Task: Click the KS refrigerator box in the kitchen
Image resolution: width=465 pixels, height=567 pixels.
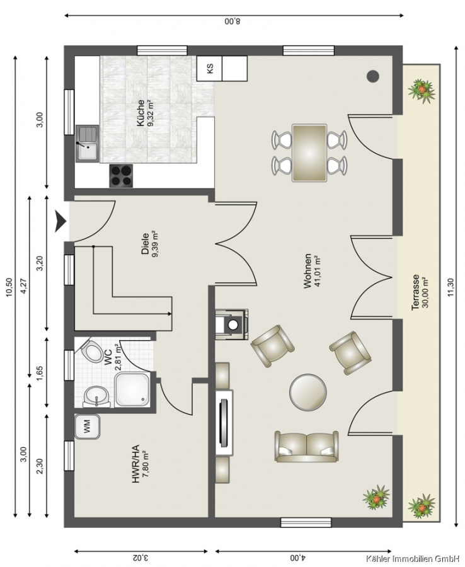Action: pyautogui.click(x=209, y=68)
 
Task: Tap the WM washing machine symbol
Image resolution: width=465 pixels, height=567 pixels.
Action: pyautogui.click(x=87, y=427)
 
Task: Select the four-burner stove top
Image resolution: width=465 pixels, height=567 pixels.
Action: pyautogui.click(x=121, y=176)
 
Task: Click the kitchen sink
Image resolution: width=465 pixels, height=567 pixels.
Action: pyautogui.click(x=87, y=143)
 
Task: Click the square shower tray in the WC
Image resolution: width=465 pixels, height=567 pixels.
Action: pyautogui.click(x=132, y=389)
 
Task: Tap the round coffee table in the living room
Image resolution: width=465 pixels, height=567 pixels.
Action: pyautogui.click(x=308, y=392)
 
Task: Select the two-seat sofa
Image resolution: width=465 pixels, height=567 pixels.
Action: pyautogui.click(x=307, y=446)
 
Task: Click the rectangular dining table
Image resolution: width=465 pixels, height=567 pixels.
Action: pyautogui.click(x=309, y=152)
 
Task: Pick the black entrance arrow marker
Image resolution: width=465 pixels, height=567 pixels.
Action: pyautogui.click(x=60, y=221)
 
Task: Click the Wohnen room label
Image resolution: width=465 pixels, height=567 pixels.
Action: pyautogui.click(x=307, y=271)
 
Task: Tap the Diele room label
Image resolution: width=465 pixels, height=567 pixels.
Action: pyautogui.click(x=146, y=244)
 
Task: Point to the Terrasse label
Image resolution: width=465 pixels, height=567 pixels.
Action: pyautogui.click(x=415, y=292)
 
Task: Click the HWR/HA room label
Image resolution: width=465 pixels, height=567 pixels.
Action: pyautogui.click(x=135, y=464)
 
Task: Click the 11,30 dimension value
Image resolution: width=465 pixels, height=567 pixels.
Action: pyautogui.click(x=450, y=288)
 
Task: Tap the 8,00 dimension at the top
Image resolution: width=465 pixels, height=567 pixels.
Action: pyautogui.click(x=232, y=21)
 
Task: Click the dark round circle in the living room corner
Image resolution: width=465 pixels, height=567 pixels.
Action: pyautogui.click(x=373, y=76)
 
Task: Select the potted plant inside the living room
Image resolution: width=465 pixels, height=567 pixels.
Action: pyautogui.click(x=376, y=498)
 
